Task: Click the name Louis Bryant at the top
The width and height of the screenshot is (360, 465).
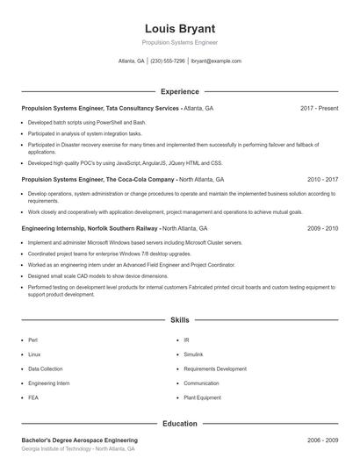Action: [179, 28]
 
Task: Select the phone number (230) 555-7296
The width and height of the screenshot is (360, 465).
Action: [168, 61]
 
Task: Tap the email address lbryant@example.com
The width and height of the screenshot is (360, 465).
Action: [216, 61]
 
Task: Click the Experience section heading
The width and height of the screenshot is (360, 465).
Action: [179, 91]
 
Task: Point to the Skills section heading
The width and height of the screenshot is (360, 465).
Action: [179, 322]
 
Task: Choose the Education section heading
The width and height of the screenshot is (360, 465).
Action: [179, 424]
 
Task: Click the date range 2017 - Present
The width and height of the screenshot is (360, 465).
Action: [319, 108]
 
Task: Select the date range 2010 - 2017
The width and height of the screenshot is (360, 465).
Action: [322, 179]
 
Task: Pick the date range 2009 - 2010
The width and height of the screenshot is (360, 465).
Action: [322, 228]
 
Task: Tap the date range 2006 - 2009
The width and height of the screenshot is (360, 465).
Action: [322, 440]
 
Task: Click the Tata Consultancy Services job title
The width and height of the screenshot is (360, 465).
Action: [117, 108]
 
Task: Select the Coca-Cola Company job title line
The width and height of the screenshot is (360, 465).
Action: [122, 179]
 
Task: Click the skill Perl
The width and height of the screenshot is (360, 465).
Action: [32, 339]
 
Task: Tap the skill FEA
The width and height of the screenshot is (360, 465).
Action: [32, 397]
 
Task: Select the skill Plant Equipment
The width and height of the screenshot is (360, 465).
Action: [202, 397]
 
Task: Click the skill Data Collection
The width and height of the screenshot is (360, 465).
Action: [45, 368]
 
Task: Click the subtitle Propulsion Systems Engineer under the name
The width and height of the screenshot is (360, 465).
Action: [179, 42]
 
